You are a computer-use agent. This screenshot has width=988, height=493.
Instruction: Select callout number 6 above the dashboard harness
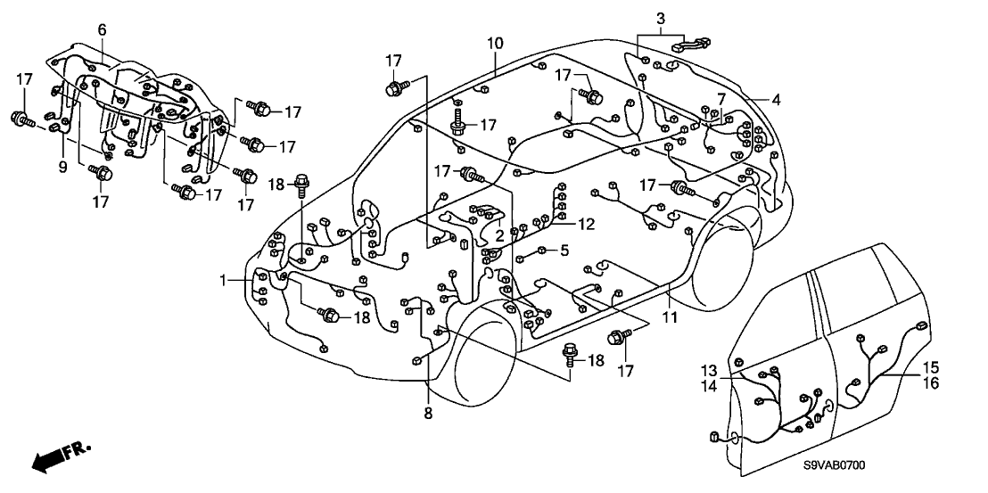click(x=102, y=30)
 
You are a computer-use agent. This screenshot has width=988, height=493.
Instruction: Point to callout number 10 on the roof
click(x=495, y=42)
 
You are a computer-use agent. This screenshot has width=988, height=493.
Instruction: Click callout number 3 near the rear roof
click(x=660, y=18)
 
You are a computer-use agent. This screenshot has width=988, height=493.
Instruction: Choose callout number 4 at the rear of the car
click(x=776, y=101)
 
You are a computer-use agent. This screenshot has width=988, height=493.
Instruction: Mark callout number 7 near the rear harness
click(x=720, y=97)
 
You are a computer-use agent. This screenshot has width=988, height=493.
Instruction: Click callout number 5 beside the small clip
click(x=564, y=251)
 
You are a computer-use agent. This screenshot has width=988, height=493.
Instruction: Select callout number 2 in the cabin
click(x=500, y=235)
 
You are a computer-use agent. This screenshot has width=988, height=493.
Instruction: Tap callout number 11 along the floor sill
click(x=670, y=317)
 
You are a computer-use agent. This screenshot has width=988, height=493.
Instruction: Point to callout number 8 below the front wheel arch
click(x=428, y=413)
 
